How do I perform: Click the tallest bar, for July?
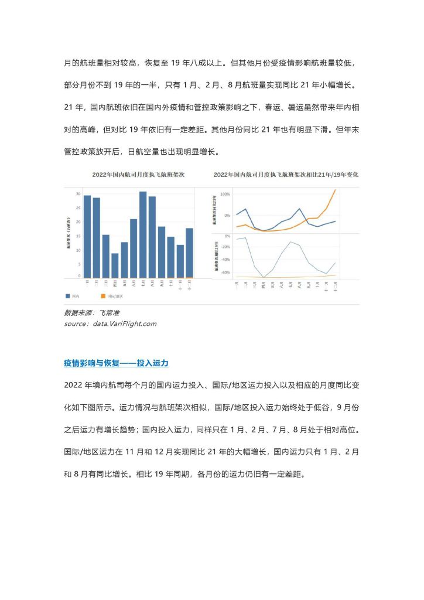[143, 234]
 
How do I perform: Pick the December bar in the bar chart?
[189, 253]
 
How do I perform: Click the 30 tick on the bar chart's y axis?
[79, 193]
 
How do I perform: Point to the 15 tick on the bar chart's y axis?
[79, 235]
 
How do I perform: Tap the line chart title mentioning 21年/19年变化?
[286, 175]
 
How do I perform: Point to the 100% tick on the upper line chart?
[225, 193]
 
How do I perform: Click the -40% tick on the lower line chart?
[225, 260]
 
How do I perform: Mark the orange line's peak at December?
[335, 190]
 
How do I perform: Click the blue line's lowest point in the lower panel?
[264, 277]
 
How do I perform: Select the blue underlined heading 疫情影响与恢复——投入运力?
[116, 363]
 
